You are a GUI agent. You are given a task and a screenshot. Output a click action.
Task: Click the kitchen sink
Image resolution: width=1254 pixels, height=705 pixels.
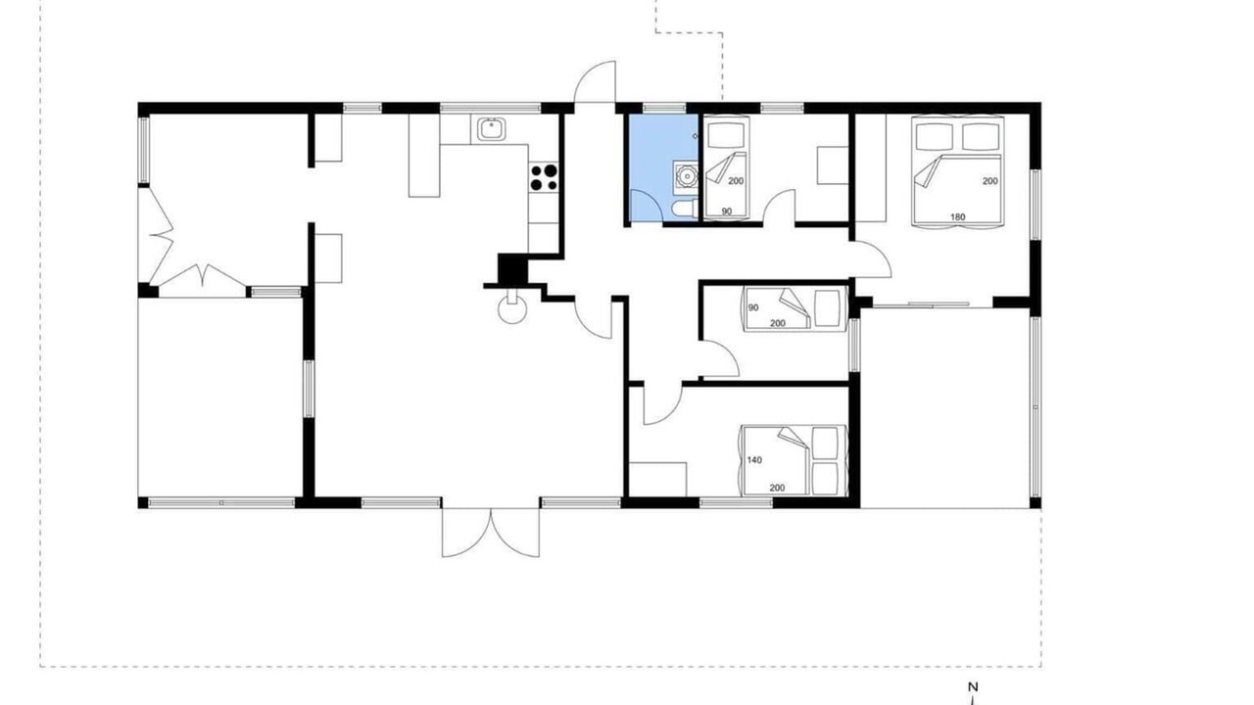pos(492,129)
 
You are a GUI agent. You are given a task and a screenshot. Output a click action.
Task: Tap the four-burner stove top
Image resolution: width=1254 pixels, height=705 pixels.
pos(544,177)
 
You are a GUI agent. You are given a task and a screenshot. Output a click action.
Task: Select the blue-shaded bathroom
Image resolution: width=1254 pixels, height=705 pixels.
pos(663,167)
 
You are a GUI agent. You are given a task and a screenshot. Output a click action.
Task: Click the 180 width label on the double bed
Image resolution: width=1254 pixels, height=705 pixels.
pos(957,216)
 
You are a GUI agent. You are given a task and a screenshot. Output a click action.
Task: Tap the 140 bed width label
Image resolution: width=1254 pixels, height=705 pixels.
pos(754,460)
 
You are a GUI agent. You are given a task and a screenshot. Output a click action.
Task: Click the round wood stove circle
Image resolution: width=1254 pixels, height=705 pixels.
pos(512,310)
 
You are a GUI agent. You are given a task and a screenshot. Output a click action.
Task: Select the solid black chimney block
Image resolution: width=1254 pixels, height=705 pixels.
pos(512,269)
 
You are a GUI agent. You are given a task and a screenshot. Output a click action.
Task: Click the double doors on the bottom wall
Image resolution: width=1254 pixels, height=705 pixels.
pos(491,532)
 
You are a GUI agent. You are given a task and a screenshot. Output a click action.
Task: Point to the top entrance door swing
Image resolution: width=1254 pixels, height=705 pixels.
pos(595,81)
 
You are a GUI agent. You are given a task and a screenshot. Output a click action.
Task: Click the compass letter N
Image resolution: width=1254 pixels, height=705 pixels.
pos(973,686)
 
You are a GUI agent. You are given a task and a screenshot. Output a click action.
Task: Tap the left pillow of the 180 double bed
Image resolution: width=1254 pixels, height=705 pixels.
pos(934,136)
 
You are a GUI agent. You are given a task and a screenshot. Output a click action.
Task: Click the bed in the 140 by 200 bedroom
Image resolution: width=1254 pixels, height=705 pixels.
pos(794,460)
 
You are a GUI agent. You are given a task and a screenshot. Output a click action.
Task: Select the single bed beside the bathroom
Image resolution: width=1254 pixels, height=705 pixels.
pos(726,166)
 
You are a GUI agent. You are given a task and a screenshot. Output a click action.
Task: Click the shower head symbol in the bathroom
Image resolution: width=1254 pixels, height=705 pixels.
pos(696,136)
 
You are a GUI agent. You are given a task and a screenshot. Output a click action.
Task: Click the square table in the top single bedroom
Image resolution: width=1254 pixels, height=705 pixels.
pos(833,165)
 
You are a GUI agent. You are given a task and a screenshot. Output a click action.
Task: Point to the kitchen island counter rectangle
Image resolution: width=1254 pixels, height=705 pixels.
pos(424,156)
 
